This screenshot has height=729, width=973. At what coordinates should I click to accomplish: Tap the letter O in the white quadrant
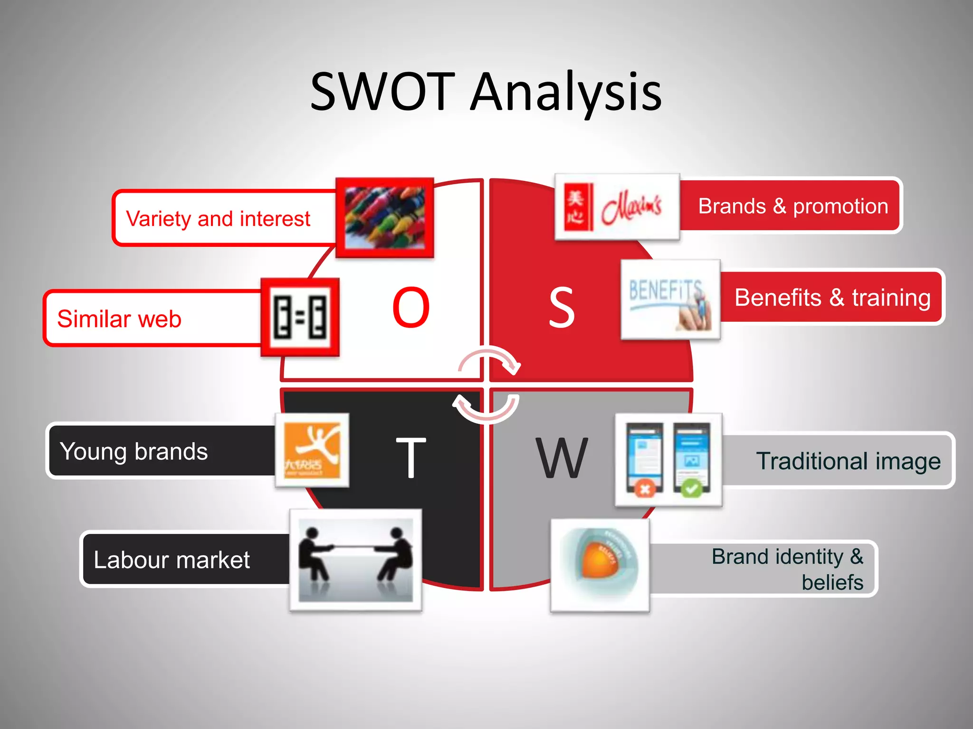tap(411, 308)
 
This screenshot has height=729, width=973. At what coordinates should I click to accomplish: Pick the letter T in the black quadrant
tap(410, 458)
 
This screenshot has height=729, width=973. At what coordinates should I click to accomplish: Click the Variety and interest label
tap(218, 219)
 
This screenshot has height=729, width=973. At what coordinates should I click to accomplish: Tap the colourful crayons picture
tap(385, 218)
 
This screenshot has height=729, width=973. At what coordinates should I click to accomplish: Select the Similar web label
tap(119, 318)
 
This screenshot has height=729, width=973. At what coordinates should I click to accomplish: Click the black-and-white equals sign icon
tap(300, 317)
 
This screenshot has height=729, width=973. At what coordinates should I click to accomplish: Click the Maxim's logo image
tap(617, 207)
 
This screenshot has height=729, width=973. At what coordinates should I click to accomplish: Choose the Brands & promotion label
tap(792, 206)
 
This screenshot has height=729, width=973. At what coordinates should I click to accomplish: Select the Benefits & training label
tap(832, 298)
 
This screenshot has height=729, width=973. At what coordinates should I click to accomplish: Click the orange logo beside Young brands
tap(312, 450)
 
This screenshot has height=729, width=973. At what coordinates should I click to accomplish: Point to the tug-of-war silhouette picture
tap(355, 560)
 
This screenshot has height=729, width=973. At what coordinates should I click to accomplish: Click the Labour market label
tap(172, 560)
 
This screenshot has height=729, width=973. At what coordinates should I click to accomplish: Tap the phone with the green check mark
tap(692, 459)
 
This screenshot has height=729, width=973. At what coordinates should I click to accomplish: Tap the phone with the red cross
tap(645, 459)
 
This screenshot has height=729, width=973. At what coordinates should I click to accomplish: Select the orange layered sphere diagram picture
tap(600, 565)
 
